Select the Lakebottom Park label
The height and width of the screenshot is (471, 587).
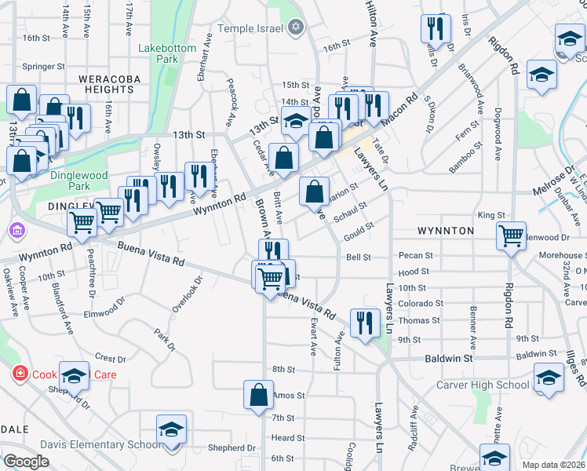coord(166,53)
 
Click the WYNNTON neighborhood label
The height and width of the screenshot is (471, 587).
coord(445,231)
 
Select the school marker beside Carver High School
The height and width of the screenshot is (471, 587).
coord(549,379)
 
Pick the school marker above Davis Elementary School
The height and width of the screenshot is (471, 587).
coord(171,430)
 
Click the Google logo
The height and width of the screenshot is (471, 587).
coord(26,462)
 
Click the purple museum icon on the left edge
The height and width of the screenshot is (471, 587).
coord(16,231)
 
